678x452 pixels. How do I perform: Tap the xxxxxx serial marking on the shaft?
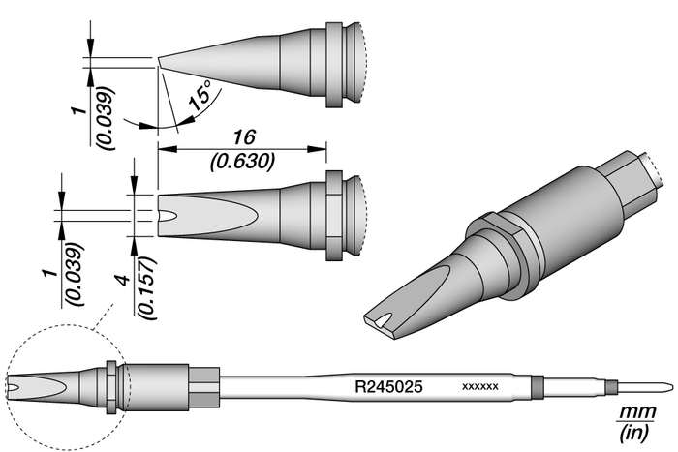pos(480,387)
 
